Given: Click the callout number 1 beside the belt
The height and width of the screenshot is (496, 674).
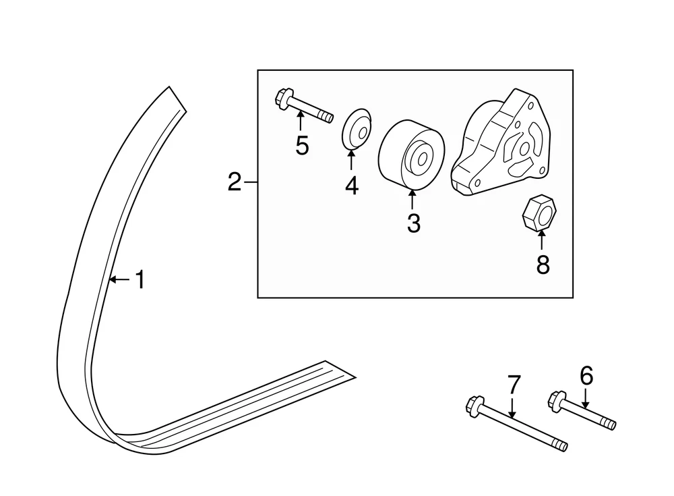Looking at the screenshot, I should coord(140,279).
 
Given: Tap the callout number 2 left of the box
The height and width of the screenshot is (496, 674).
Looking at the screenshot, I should coord(234,182).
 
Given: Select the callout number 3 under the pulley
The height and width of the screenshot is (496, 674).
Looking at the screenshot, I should coord(413,222).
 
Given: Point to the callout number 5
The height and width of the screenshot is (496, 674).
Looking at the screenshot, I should coord(301,145).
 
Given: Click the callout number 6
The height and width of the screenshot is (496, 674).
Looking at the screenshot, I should coord(586,375).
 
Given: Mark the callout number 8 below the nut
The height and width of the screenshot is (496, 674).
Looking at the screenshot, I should coord(543,265).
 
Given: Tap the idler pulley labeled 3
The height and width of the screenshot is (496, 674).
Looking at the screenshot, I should coord(410,156).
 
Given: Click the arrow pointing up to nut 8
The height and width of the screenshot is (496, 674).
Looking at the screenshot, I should coord(542,240).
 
